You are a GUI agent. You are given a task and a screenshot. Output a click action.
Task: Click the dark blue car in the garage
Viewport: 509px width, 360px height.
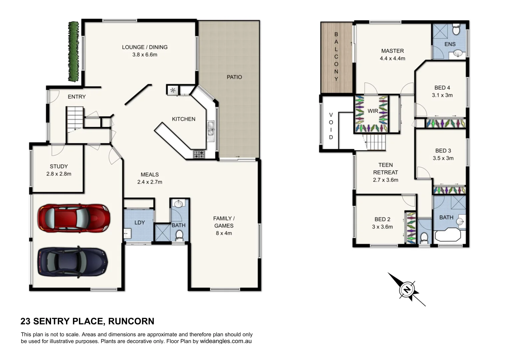point(73,262)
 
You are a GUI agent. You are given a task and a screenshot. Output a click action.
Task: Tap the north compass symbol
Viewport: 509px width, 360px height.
point(407,289)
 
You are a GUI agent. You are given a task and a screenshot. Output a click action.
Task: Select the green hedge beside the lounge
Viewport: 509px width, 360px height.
point(73,52)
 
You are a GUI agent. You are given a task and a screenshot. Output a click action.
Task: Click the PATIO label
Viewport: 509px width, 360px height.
point(234,77)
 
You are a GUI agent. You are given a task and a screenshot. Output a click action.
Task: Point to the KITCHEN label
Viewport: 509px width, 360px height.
point(183,119)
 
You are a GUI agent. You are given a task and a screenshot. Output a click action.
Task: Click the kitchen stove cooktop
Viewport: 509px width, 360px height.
point(199,154)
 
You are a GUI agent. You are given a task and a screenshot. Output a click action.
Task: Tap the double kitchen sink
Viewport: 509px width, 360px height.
point(211,129)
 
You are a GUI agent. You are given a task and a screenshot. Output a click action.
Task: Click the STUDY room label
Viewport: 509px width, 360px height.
point(59,166)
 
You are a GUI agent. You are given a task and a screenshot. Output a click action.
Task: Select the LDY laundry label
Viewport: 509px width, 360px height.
point(139,222)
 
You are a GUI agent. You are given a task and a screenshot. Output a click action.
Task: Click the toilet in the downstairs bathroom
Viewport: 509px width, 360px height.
point(179,235)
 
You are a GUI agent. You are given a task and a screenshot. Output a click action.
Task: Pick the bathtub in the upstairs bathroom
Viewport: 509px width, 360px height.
point(448,235)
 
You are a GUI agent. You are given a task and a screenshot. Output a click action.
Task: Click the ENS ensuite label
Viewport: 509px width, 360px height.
point(450,44)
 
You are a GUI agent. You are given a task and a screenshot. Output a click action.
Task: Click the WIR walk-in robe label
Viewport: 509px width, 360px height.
point(373,111)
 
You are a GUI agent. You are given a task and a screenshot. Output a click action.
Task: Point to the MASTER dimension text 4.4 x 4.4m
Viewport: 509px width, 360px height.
point(392,58)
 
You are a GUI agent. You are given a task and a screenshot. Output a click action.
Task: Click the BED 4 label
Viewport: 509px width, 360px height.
point(442,88)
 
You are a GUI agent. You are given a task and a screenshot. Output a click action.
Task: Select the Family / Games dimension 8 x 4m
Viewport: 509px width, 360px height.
point(224,233)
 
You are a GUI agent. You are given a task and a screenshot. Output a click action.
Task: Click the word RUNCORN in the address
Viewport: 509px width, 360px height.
point(131,321)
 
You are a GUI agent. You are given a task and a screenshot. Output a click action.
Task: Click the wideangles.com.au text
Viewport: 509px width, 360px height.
point(226,341)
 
